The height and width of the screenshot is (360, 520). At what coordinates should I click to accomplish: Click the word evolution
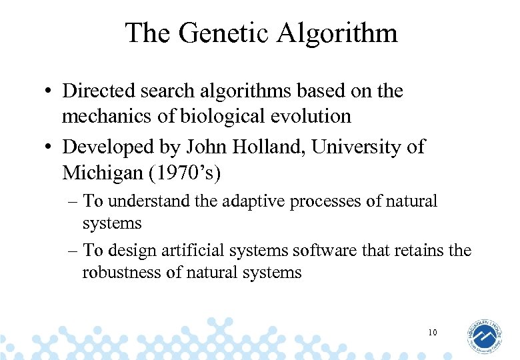pyautogui.click(x=311, y=116)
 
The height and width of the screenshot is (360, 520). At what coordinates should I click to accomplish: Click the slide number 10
pyautogui.click(x=433, y=331)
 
